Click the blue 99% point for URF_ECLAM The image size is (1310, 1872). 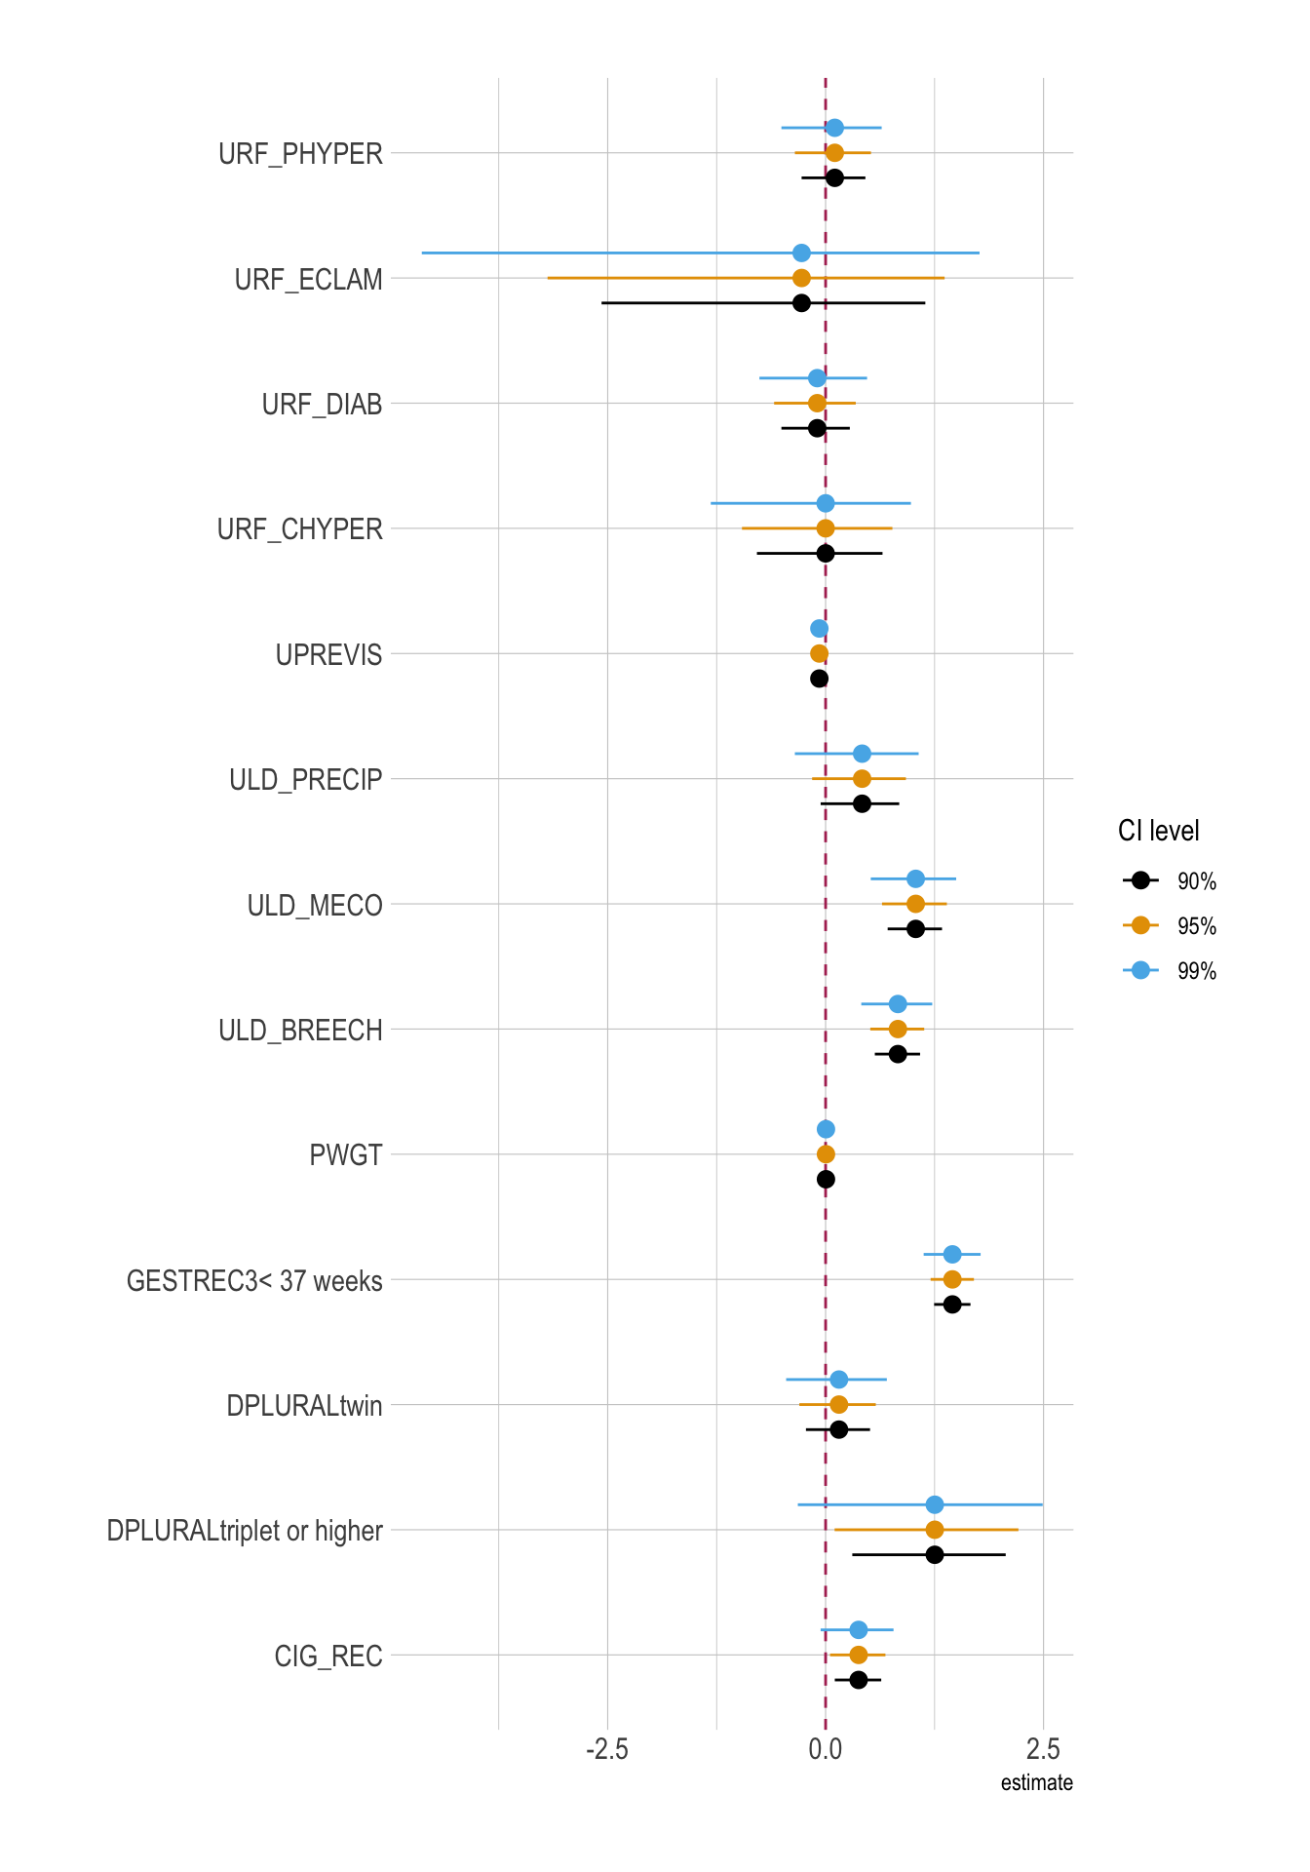tap(801, 253)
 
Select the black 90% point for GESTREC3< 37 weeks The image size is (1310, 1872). tap(952, 1305)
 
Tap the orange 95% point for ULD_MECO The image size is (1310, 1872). tap(915, 904)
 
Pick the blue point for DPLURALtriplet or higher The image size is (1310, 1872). tap(934, 1504)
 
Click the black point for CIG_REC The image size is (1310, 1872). tap(858, 1680)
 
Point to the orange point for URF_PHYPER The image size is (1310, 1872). tap(834, 152)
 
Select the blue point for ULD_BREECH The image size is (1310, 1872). tap(898, 1004)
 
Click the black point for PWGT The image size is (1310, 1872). tap(826, 1180)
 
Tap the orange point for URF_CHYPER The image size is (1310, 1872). tap(826, 528)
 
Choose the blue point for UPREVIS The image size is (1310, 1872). tap(819, 629)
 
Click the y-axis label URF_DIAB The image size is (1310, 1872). tap(322, 405)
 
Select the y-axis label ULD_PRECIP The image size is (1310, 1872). tap(305, 780)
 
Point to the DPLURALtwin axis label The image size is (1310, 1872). tap(304, 1406)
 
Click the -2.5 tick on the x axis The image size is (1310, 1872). tap(606, 1749)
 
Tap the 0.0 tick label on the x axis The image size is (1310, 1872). tap(826, 1749)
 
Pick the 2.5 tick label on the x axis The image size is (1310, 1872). tap(1043, 1749)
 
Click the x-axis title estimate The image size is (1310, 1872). tap(1036, 1783)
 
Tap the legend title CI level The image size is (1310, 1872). tap(1158, 831)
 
